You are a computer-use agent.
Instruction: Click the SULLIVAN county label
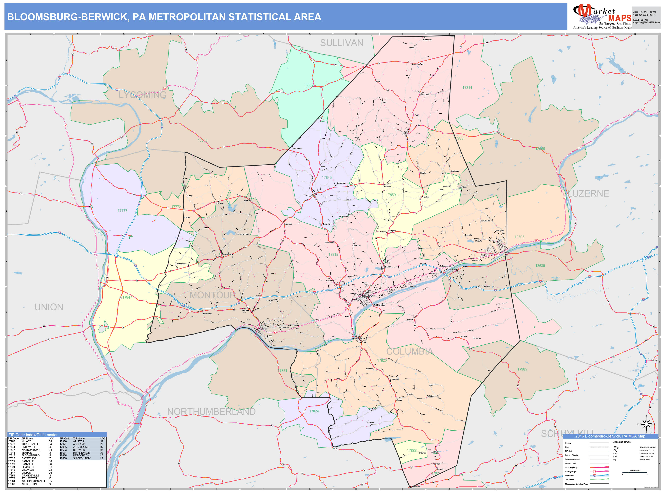click(x=341, y=43)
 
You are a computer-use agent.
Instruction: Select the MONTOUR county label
click(x=212, y=295)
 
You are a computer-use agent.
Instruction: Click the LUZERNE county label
click(x=588, y=193)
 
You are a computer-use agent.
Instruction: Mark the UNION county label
click(x=49, y=307)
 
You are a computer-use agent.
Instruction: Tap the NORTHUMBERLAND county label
click(x=211, y=412)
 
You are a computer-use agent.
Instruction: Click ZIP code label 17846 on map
click(x=327, y=177)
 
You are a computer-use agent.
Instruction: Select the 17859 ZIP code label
click(x=391, y=195)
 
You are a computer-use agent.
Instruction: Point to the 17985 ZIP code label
click(x=522, y=369)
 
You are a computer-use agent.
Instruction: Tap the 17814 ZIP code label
click(x=467, y=88)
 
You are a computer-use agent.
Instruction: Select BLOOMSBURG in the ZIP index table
click(x=30, y=456)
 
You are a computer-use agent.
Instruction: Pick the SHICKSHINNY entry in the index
click(x=81, y=458)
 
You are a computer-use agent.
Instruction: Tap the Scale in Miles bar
click(x=634, y=473)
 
